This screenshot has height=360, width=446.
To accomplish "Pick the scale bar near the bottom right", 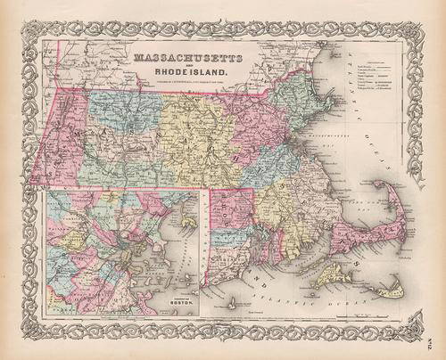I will [x=357, y=315].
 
